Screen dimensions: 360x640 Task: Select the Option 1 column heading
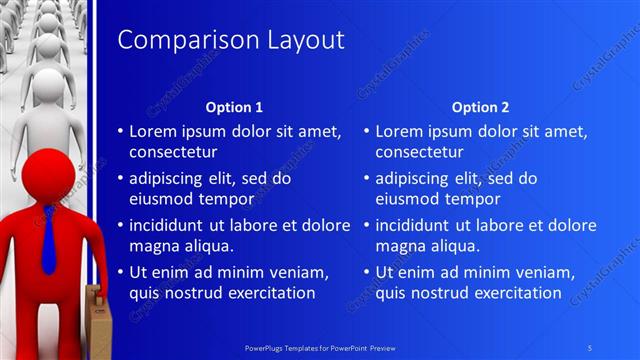(x=234, y=107)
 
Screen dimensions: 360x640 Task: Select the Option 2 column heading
(x=480, y=107)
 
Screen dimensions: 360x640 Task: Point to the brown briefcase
(x=94, y=320)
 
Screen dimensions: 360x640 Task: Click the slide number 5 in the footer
(x=590, y=346)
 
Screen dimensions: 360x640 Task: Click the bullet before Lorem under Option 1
(x=120, y=132)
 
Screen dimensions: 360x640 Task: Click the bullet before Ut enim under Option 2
(x=366, y=272)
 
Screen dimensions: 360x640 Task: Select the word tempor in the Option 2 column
(x=470, y=199)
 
